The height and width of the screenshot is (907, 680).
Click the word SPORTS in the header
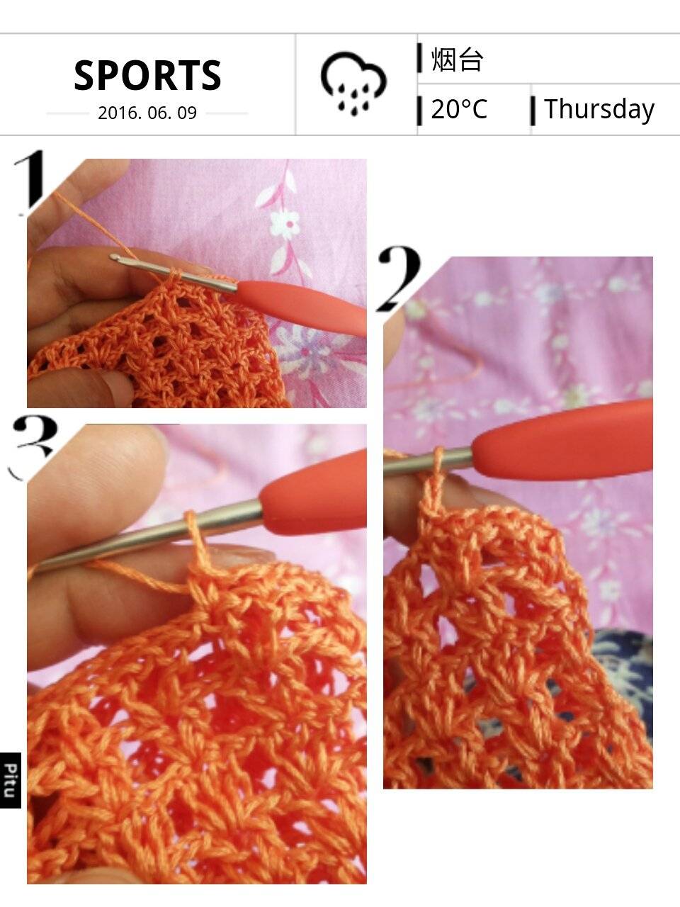pos(147,75)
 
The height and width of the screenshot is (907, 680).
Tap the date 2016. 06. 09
pos(147,113)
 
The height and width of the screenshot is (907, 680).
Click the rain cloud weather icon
pos(353,83)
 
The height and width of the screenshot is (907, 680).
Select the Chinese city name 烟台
pos(457,60)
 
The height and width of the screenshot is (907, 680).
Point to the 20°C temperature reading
pos(459,109)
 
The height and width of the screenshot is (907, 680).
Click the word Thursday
pos(599,110)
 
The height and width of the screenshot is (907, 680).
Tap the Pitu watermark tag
pos(11,780)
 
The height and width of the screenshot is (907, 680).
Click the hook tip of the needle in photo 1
pos(113,257)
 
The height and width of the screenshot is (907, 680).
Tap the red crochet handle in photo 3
pos(314,492)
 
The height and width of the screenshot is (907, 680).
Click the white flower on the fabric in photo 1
pos(285,224)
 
